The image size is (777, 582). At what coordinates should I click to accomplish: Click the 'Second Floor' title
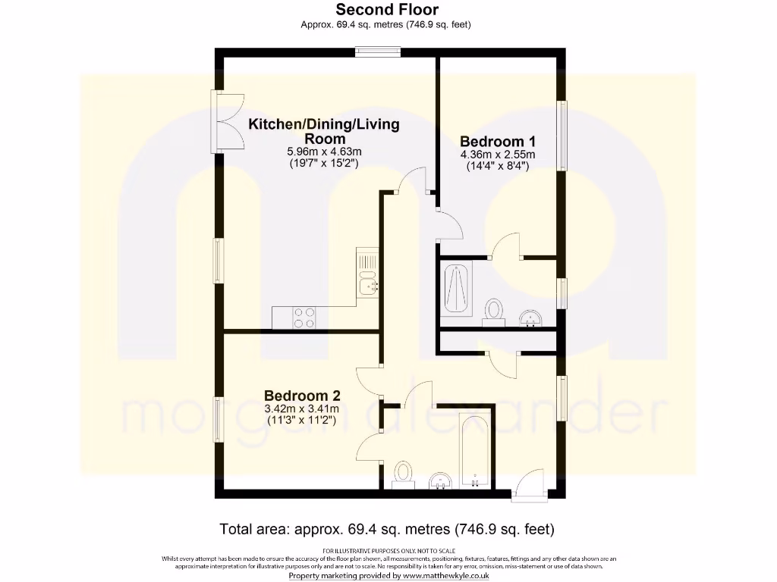tap(386, 10)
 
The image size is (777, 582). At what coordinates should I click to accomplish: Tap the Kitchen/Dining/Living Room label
tap(324, 131)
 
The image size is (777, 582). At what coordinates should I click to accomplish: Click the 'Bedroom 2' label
tap(302, 396)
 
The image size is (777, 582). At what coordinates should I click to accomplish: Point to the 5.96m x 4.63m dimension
tap(324, 152)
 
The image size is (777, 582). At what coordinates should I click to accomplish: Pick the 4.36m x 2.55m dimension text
tap(498, 155)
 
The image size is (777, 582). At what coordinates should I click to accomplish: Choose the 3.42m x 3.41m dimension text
tap(302, 409)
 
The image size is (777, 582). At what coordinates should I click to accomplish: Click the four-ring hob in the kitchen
tap(304, 318)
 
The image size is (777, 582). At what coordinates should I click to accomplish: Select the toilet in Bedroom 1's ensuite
tap(495, 311)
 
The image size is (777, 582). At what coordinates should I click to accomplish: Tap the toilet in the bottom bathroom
tap(402, 474)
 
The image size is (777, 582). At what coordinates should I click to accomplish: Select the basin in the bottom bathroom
tap(441, 480)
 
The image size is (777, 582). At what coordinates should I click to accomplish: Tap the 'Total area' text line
tap(388, 528)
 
